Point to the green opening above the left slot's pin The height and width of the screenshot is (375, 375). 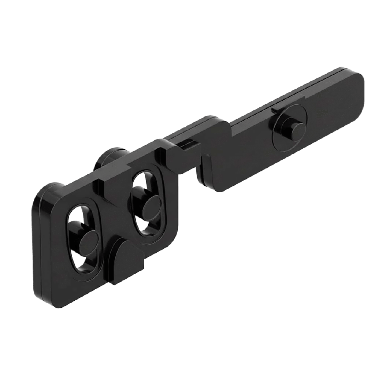click(77, 216)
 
